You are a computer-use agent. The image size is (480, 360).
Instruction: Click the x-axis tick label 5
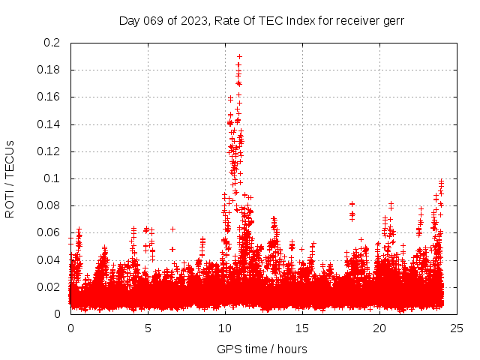148,328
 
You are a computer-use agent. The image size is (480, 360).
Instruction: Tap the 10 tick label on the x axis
225,328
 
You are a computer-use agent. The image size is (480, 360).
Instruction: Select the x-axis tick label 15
302,328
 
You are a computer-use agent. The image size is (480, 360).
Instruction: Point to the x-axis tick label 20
379,328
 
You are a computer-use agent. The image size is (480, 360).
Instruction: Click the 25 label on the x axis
457,328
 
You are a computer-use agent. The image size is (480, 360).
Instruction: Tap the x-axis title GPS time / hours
262,349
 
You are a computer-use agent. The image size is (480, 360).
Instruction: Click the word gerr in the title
392,20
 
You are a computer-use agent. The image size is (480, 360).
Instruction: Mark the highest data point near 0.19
239,56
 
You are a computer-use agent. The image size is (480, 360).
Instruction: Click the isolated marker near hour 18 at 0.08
351,204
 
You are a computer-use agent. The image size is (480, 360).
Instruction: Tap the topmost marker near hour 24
442,180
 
